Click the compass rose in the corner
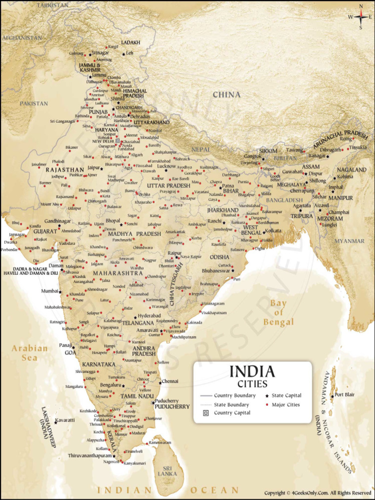click(x=361, y=17)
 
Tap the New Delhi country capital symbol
click(x=118, y=141)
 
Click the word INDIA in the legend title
click(x=252, y=372)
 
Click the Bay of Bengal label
click(x=279, y=312)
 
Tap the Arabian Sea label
click(x=30, y=353)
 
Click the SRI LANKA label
click(x=167, y=470)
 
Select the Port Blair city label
click(x=345, y=395)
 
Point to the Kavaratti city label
click(x=65, y=420)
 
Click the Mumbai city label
click(x=49, y=291)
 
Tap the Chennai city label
click(x=170, y=381)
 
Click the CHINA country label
click(x=227, y=94)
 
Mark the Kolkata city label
click(x=273, y=230)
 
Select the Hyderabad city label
click(x=149, y=316)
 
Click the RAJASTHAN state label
click(x=65, y=170)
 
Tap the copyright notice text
click(x=318, y=493)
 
